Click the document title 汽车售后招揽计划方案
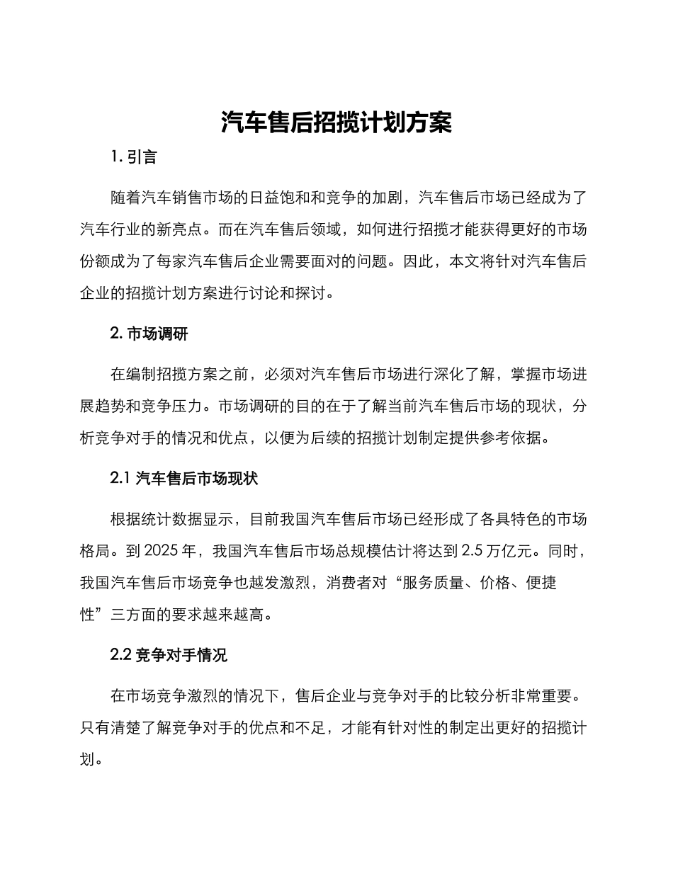pyautogui.click(x=336, y=123)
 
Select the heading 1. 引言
pyautogui.click(x=134, y=157)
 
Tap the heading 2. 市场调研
pyautogui.click(x=149, y=334)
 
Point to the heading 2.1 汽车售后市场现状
pyautogui.click(x=184, y=479)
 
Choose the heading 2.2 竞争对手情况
pyautogui.click(x=169, y=656)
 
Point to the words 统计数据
pyautogui.click(x=172, y=519)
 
